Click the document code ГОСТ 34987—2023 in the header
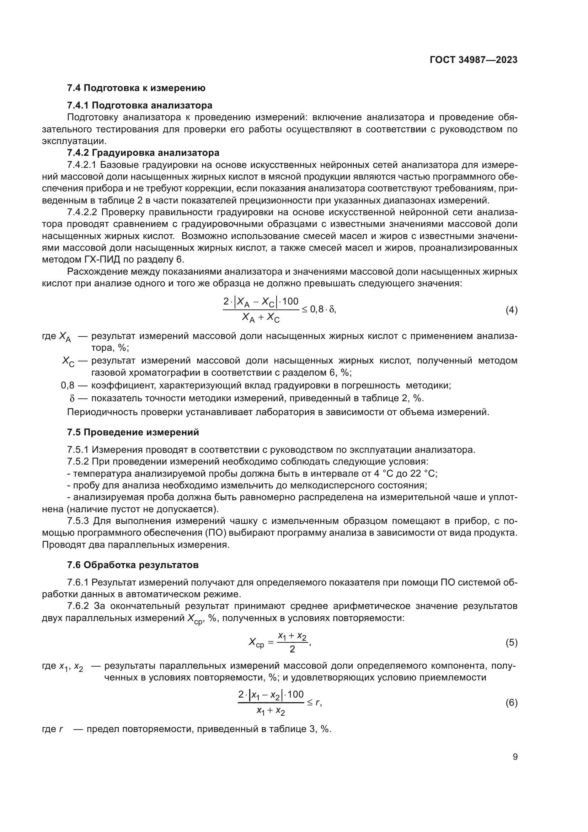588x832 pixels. coord(473,60)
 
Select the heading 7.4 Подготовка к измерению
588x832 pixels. coord(136,88)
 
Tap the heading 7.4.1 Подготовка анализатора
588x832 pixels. coord(140,105)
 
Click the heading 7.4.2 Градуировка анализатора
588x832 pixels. coord(143,153)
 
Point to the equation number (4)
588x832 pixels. coord(511,310)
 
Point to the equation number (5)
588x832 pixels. coord(511,642)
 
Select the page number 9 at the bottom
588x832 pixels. coord(515,757)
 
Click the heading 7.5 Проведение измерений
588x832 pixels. coord(133,432)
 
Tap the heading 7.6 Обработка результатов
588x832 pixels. coord(133,565)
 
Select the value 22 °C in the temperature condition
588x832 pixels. coord(423,473)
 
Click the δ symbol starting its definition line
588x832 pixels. coord(72,398)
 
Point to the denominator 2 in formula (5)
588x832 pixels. coord(292,649)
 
